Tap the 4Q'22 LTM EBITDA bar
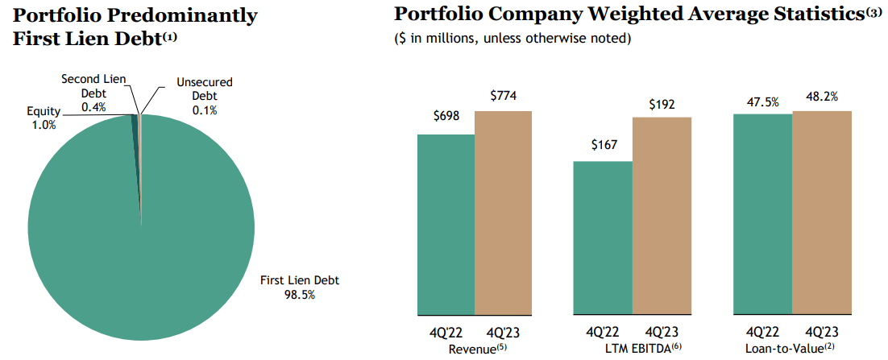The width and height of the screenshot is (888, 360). (x=603, y=238)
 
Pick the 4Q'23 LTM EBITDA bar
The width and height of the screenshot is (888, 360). (x=662, y=215)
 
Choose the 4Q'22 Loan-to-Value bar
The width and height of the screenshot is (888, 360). (x=762, y=213)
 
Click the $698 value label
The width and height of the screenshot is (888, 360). (x=446, y=117)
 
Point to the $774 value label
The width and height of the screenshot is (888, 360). (x=503, y=97)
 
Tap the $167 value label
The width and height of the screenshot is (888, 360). (x=603, y=145)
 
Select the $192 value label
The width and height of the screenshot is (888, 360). (x=662, y=104)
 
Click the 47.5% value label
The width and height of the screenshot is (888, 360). (x=762, y=101)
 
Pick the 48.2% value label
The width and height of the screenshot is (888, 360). (x=822, y=97)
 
